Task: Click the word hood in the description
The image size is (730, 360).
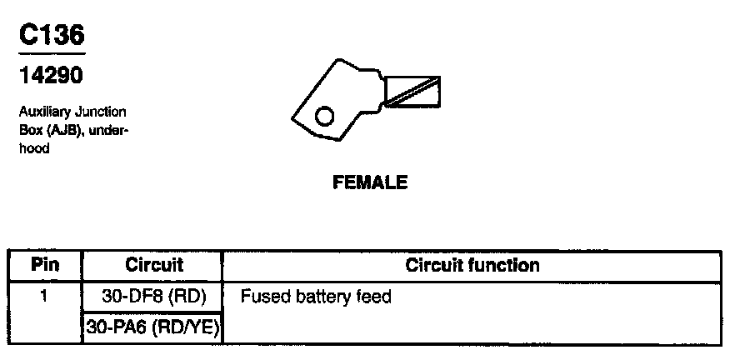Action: click(x=33, y=148)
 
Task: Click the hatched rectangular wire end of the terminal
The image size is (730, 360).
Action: click(x=412, y=91)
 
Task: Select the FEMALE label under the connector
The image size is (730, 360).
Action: click(x=370, y=182)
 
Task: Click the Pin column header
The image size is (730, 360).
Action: click(x=45, y=266)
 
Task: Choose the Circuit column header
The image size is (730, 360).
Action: click(x=153, y=266)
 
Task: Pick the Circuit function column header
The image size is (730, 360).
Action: click(x=472, y=266)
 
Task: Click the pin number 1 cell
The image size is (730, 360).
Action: click(x=45, y=296)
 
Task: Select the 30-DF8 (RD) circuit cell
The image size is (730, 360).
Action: click(x=153, y=296)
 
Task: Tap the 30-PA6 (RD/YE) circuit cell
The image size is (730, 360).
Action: click(x=153, y=327)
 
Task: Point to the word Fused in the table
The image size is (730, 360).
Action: click(x=262, y=296)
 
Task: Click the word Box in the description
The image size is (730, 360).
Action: click(x=29, y=130)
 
